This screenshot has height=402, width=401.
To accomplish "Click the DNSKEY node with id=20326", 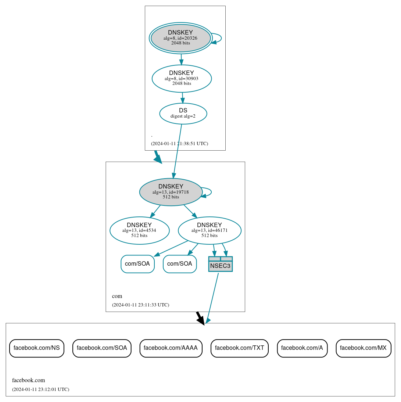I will tap(180, 38).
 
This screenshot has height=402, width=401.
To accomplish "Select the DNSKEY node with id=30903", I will tap(182, 78).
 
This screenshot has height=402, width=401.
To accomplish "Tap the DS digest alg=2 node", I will tap(183, 114).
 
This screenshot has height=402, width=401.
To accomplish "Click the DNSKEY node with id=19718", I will tap(171, 192).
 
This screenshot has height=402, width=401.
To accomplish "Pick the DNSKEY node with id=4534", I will tap(139, 230).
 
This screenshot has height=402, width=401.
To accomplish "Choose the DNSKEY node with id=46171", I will tap(210, 230).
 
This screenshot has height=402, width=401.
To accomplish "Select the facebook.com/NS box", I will tap(37, 348).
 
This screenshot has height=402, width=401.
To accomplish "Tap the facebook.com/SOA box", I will tap(102, 348).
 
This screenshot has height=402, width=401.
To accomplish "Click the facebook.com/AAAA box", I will tap(171, 348).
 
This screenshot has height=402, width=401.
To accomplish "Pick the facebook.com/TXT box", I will tap(240, 348).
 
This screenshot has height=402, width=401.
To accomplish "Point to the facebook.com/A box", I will tap(302, 348).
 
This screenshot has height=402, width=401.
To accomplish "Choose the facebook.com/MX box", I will tap(363, 348).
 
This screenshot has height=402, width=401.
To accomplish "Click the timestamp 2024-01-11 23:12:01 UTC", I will tap(40, 389).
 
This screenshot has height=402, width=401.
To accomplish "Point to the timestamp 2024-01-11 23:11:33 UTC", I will tap(140, 305).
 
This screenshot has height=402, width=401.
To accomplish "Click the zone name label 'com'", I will tap(117, 296).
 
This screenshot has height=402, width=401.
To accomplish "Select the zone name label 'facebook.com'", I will tap(29, 380).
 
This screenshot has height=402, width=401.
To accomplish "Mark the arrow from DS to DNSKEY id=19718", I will tap(178, 151).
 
